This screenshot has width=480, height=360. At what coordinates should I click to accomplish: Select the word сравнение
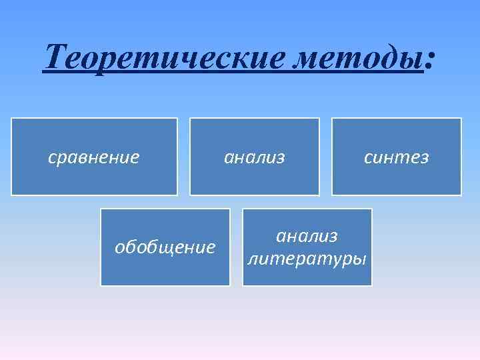tap(94, 157)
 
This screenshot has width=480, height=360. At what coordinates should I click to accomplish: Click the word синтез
tap(396, 157)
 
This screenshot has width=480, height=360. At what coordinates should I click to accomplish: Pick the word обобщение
tap(165, 248)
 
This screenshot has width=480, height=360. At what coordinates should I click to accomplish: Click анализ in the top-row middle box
tap(255, 157)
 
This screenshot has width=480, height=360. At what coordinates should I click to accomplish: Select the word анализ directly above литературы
tap(307, 236)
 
